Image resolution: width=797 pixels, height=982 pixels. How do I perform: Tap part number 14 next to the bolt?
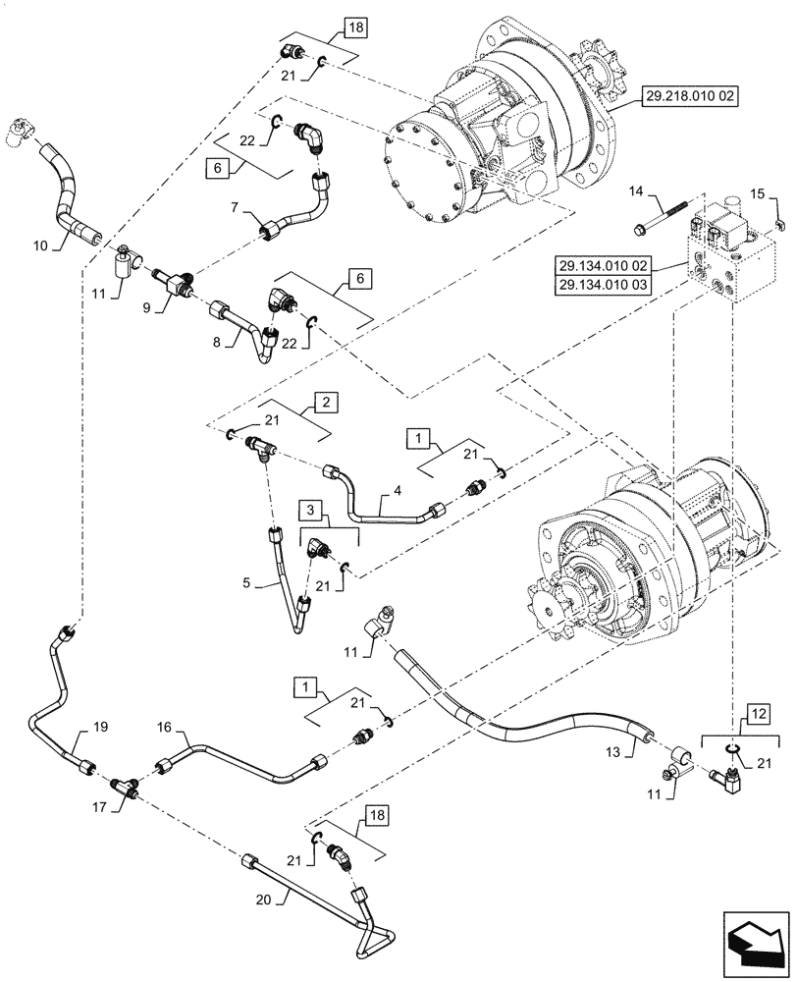635,190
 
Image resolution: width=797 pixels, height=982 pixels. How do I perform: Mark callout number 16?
164,727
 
